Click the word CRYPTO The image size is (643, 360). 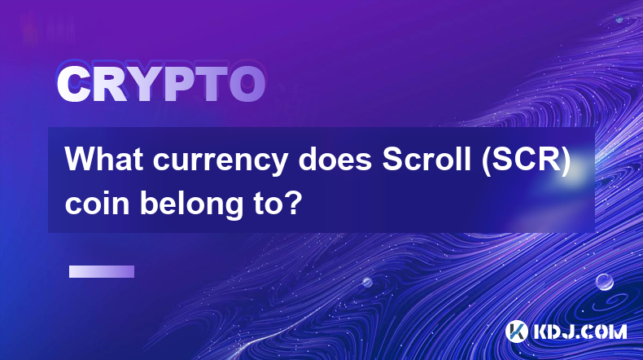tap(161, 84)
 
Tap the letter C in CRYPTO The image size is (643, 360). tap(73, 84)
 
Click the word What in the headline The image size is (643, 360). tap(104, 159)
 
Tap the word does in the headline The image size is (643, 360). tap(335, 159)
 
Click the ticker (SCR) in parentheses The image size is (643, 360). tap(526, 160)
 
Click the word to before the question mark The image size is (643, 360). tap(266, 203)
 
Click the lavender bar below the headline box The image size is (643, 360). tap(102, 271)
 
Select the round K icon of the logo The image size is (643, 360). tap(517, 331)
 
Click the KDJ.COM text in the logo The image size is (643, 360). tap(580, 331)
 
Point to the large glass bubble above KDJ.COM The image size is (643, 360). tap(604, 282)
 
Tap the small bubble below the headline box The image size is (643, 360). tap(367, 282)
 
